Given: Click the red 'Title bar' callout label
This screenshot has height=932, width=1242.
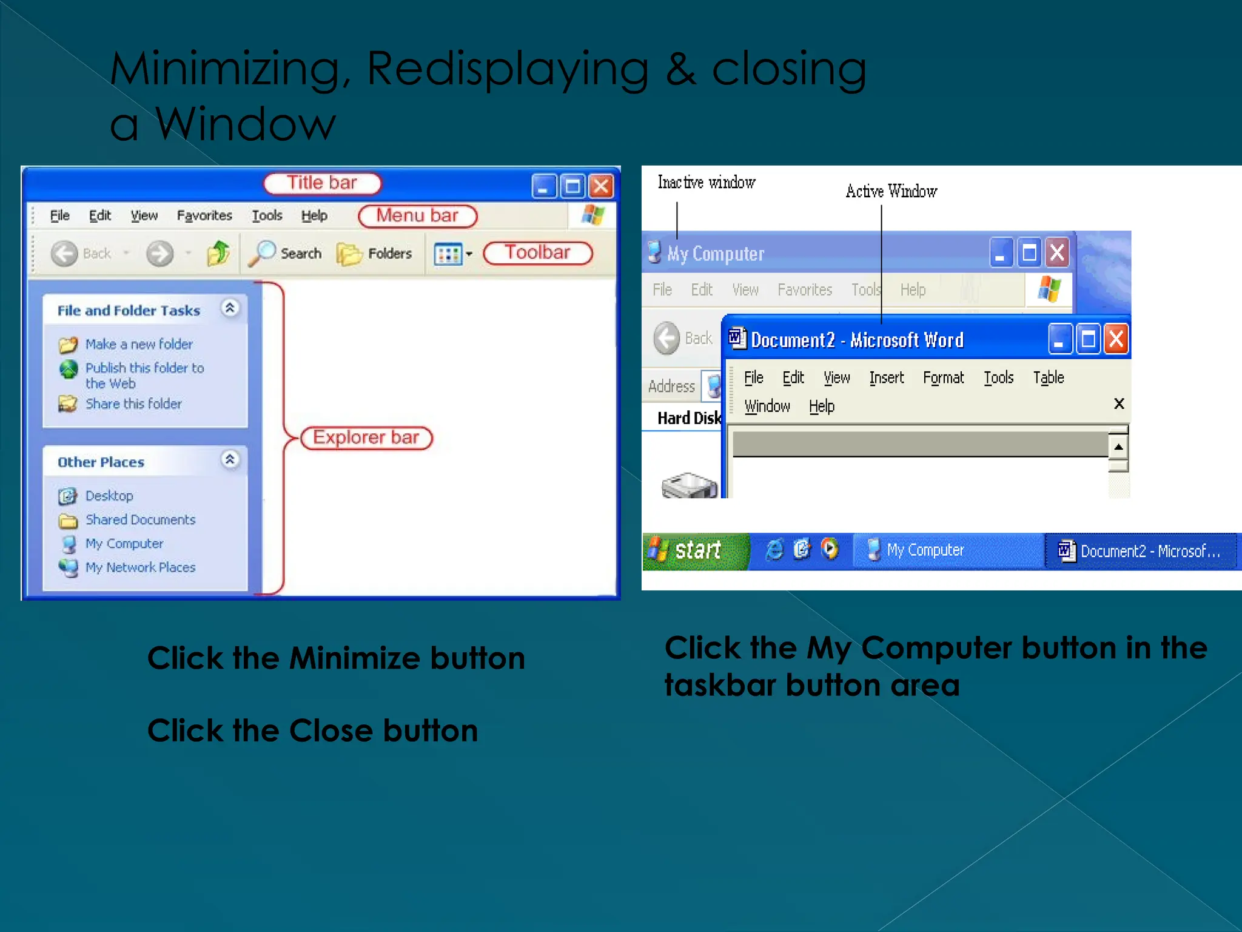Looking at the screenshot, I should (322, 183).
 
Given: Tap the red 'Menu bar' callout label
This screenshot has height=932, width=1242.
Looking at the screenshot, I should (417, 216).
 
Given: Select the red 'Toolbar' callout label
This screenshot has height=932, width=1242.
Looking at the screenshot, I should (537, 252).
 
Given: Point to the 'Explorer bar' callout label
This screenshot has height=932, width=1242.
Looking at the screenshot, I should (366, 437).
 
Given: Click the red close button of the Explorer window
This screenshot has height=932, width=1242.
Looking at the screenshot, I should (601, 186).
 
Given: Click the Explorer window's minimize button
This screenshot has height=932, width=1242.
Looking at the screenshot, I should (543, 186).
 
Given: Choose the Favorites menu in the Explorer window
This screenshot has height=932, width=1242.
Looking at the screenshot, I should (204, 215).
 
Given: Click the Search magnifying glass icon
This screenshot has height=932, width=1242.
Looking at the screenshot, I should (262, 253).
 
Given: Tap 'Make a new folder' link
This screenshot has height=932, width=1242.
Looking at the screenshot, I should (139, 344).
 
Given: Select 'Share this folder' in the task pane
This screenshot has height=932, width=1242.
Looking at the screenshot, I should (133, 404).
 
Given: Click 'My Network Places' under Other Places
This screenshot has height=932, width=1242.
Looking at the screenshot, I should (140, 567).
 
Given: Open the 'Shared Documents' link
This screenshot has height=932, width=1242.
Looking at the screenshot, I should (140, 519).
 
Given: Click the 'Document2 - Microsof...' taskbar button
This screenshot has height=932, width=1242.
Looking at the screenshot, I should (1140, 551).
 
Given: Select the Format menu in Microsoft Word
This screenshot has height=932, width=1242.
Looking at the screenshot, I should (943, 377).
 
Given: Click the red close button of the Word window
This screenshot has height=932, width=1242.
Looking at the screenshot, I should (1116, 339).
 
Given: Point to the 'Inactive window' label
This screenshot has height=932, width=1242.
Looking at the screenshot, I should (707, 182).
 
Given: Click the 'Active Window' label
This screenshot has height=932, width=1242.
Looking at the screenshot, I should (891, 191).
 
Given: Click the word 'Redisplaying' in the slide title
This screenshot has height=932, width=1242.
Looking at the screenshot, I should (508, 68).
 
